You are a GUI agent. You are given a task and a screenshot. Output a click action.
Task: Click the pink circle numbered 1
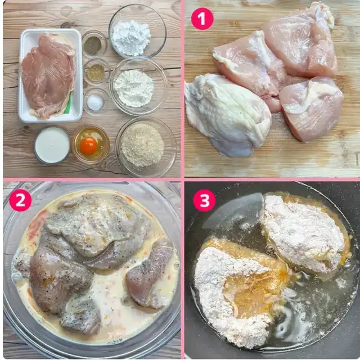point(202,19)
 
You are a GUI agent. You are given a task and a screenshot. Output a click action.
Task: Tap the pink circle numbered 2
point(20,200)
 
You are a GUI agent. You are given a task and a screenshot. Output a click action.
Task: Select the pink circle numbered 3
point(204,200)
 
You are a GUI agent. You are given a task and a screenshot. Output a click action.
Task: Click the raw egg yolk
point(89,146)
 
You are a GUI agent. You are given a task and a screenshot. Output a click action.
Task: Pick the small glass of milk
point(52,145)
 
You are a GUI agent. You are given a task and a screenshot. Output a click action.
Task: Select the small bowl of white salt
point(96,102)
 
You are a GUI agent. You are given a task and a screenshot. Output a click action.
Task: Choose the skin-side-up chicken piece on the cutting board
point(227,115)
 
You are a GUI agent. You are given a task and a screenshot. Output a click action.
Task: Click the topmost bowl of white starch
point(137,31)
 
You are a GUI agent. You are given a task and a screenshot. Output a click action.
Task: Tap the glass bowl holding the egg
point(91,145)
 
